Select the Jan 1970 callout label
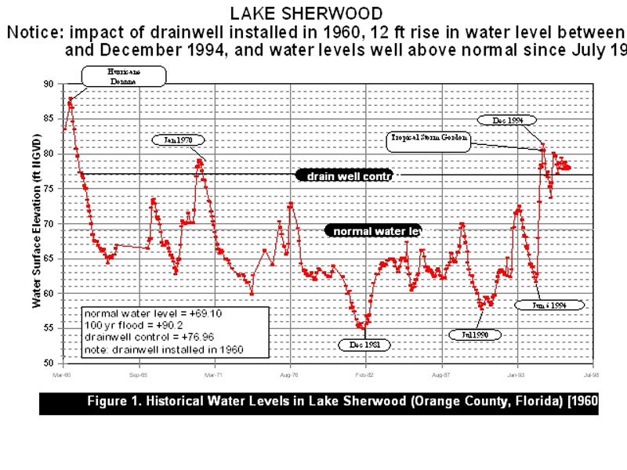(179, 140)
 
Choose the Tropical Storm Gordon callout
(429, 140)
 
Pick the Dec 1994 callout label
(508, 121)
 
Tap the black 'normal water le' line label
(373, 232)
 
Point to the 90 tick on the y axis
(49, 84)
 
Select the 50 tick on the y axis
(49, 363)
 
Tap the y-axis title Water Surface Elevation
(35, 223)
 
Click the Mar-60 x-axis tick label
(63, 375)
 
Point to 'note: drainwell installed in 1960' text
(163, 349)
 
